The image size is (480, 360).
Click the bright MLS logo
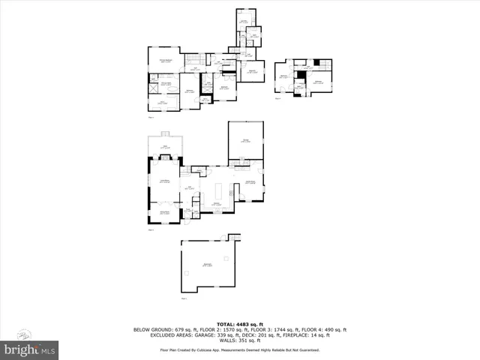(x=31, y=349)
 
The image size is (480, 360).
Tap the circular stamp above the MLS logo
(x=25, y=334)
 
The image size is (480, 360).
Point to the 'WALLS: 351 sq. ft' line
(x=239, y=341)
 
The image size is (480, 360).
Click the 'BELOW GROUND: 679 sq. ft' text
(x=162, y=330)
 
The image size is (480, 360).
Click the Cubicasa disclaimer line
(x=239, y=350)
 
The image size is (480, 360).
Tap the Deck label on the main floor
(x=165, y=146)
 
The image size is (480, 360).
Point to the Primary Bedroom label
(x=166, y=61)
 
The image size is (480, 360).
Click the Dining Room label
(x=165, y=213)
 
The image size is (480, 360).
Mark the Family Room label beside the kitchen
(x=251, y=182)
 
